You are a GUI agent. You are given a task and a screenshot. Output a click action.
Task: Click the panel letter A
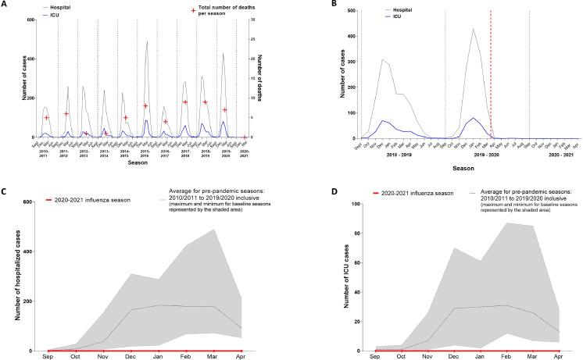tap(5, 5)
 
